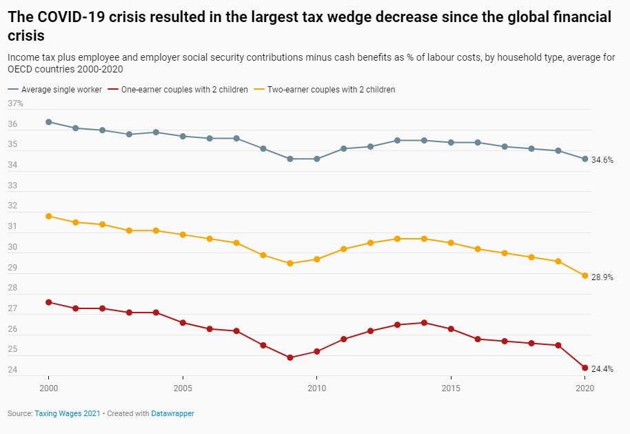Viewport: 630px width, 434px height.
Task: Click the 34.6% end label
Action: click(x=602, y=159)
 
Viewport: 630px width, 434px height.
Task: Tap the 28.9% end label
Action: click(x=602, y=277)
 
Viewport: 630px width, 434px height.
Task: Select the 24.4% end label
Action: click(x=602, y=369)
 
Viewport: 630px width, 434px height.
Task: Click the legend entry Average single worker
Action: click(x=61, y=90)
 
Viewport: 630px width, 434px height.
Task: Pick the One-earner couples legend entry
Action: click(x=183, y=90)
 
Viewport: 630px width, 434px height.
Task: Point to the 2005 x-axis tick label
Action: click(x=183, y=389)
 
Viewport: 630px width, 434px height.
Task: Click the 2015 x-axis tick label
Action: click(x=451, y=389)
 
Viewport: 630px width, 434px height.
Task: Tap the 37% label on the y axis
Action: click(x=15, y=103)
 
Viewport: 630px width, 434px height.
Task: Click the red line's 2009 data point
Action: click(x=290, y=357)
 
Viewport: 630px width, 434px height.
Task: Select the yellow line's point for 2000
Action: click(x=49, y=216)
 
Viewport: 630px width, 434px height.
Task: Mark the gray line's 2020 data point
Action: click(x=585, y=159)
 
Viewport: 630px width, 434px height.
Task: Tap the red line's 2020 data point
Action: click(x=585, y=368)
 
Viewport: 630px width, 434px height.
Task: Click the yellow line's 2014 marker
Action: click(x=425, y=239)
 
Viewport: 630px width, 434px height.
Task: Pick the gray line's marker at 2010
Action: click(x=317, y=159)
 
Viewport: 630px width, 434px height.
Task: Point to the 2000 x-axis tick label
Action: click(x=49, y=389)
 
